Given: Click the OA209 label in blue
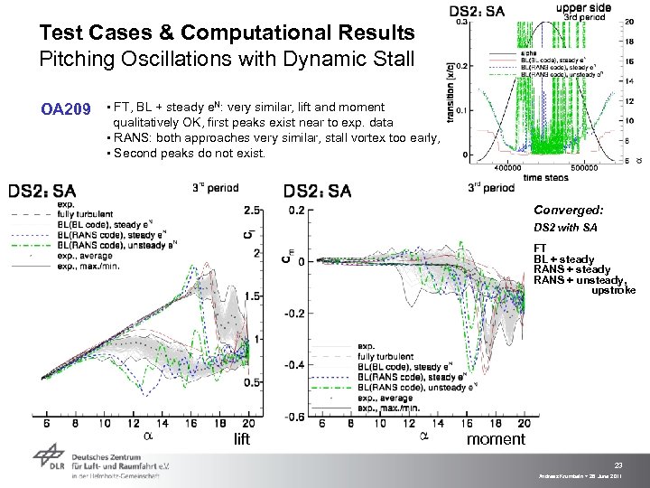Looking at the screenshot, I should (66, 110).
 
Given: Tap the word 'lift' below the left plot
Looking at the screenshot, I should (241, 440).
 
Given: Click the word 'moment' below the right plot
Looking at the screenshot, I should (496, 439).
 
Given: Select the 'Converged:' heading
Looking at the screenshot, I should (569, 209).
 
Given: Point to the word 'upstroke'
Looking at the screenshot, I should (613, 290).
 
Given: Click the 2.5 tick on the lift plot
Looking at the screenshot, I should (253, 210).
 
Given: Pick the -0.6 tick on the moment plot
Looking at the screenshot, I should (295, 417).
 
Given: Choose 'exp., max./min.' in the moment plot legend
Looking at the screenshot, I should (392, 407).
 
